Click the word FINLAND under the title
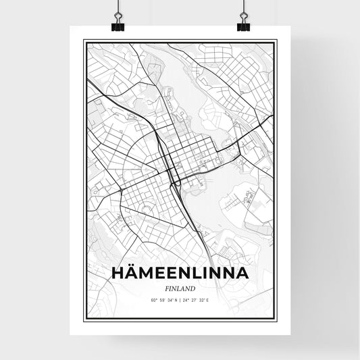[179, 286]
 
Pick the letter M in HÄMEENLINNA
[150, 273]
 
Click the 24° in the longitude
[187, 298]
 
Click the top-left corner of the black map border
[83, 41]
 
